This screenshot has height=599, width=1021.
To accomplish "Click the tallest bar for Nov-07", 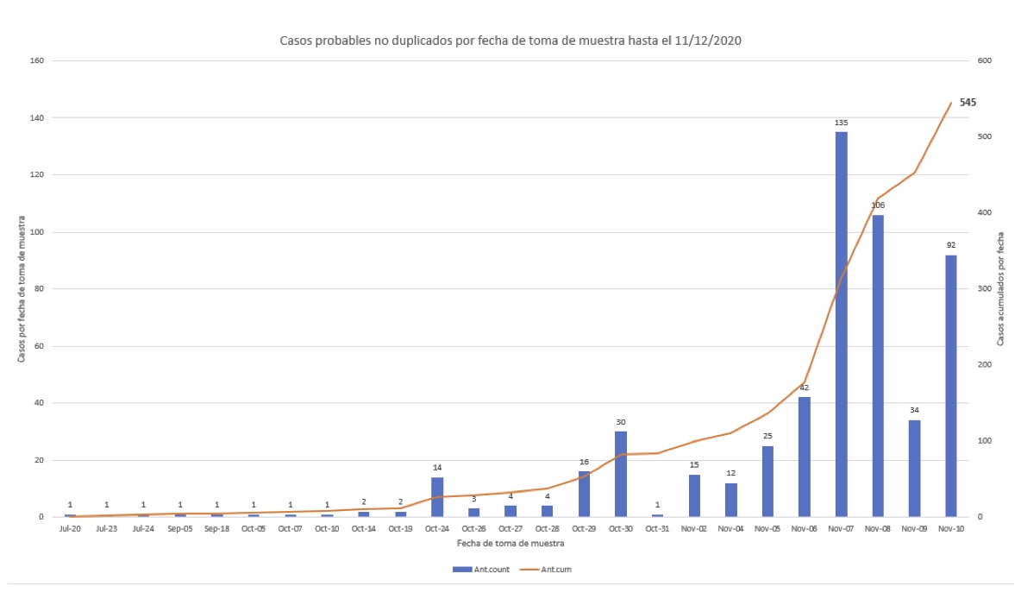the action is (x=841, y=324).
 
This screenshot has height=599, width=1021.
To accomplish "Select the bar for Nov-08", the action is (x=878, y=366).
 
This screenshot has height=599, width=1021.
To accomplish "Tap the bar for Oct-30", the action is (x=621, y=474).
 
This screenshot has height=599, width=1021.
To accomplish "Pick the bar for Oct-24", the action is (x=437, y=496).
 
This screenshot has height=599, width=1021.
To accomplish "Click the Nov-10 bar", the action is (x=950, y=386).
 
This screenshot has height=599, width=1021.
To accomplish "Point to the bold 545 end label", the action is (x=968, y=103).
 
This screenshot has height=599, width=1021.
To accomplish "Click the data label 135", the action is (x=842, y=123).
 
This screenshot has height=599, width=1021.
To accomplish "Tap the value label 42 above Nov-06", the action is (x=805, y=388).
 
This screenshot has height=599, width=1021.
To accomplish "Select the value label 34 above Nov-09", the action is (x=914, y=410).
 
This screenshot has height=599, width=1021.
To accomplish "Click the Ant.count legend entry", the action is (x=481, y=569).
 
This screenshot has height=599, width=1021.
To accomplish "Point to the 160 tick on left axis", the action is (x=36, y=60).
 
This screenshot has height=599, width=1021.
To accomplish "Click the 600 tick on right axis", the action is (x=985, y=60).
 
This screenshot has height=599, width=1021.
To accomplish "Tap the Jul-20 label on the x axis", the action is (x=70, y=528).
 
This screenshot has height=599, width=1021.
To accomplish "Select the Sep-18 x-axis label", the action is (x=216, y=528).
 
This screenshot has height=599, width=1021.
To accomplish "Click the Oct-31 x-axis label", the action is (x=657, y=528).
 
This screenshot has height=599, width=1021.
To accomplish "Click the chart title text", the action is (x=510, y=41).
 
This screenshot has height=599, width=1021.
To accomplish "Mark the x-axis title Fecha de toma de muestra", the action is (x=510, y=543).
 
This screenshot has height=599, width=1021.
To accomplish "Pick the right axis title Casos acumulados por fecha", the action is (x=1000, y=289).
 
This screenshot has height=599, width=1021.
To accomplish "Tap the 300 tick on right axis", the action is (x=985, y=289).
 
